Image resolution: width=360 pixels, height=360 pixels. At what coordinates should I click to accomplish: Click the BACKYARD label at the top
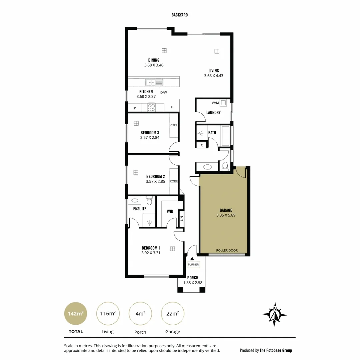tap(180, 15)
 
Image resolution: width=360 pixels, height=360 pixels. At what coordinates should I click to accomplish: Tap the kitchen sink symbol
tap(154, 82)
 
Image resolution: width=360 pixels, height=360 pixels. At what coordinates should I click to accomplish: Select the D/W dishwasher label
tap(163, 92)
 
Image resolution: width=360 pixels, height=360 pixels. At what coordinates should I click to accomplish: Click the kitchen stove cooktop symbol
tap(152, 107)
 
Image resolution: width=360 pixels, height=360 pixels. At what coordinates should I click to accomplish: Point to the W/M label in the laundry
tap(215, 103)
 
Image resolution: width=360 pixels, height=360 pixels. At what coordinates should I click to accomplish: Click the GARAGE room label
tap(226, 210)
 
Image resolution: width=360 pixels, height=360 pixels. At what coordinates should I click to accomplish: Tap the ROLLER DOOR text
tap(227, 250)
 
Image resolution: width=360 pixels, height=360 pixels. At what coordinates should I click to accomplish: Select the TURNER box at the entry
tap(193, 265)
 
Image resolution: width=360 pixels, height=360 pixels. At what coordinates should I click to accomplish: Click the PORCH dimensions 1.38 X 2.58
tap(193, 283)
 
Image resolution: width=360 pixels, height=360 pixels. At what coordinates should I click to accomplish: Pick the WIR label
tap(170, 211)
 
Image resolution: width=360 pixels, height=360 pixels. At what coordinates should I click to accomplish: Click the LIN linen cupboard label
tap(182, 219)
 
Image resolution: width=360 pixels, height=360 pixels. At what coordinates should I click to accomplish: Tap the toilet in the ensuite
tap(149, 201)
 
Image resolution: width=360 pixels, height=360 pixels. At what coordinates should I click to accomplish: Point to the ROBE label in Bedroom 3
tap(174, 125)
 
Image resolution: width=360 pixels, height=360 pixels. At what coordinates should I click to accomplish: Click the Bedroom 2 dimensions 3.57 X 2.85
tap(155, 182)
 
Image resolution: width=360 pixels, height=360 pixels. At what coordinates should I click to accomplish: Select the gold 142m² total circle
tap(75, 314)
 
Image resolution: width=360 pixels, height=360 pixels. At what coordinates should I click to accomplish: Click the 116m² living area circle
tap(108, 314)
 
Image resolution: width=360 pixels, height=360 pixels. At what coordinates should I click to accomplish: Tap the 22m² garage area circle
tap(173, 314)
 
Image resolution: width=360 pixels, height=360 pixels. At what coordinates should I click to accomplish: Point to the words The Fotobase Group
tap(276, 350)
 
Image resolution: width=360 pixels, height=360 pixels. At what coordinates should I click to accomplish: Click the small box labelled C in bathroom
tap(202, 145)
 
